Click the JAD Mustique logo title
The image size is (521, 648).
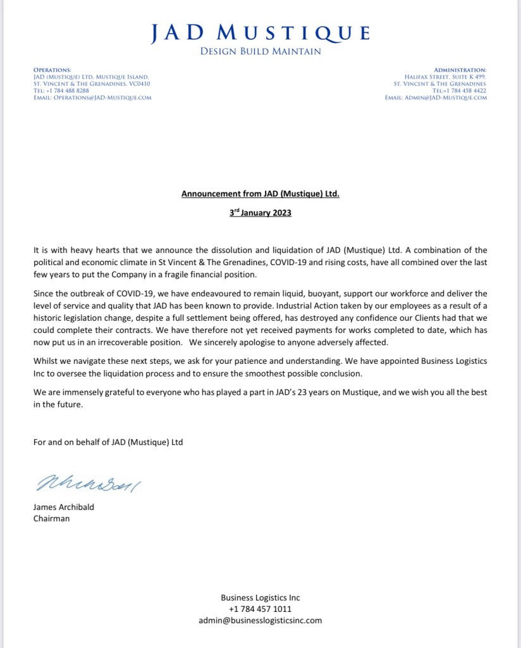coord(260,33)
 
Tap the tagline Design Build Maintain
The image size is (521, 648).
coord(260,51)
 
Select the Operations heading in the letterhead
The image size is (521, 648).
coord(52,69)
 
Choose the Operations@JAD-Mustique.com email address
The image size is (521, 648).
coord(92,97)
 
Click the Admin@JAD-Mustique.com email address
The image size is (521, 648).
coord(436,97)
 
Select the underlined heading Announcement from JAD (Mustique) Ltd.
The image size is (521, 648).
coord(260,194)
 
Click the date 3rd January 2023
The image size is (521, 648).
coord(260,213)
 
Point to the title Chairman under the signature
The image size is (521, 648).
coord(51,518)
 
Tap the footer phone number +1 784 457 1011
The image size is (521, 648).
coord(260,609)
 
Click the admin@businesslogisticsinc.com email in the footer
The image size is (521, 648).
coord(260,620)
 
